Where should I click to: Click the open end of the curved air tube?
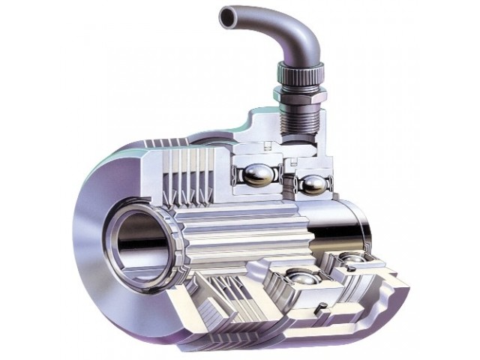click(x=224, y=16)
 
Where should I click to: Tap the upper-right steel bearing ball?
click(x=313, y=184)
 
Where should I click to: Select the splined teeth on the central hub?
click(x=225, y=225)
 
